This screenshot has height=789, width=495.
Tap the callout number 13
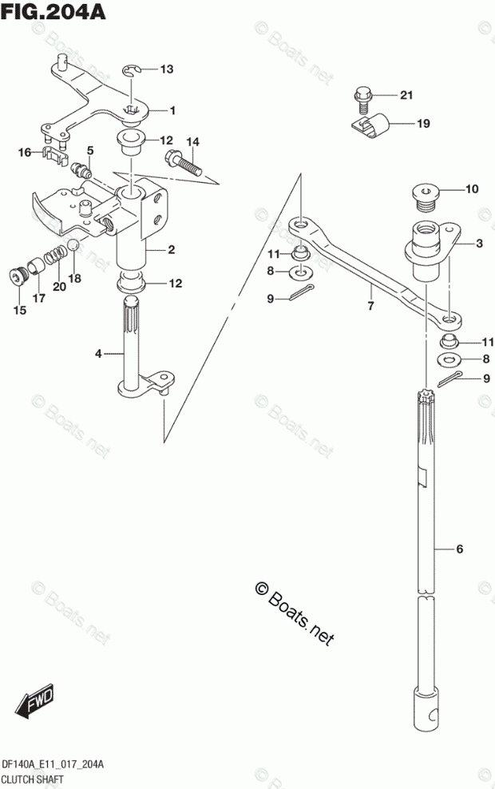point(165,69)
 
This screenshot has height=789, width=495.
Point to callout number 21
point(406,96)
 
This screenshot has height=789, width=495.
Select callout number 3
point(479,244)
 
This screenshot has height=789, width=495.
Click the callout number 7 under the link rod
point(370,305)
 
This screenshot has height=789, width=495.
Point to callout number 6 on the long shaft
point(459,549)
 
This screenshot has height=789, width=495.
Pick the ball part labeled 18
point(71,246)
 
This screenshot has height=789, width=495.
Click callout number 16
point(24,152)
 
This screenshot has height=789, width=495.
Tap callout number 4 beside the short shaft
point(98,353)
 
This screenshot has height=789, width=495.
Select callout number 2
point(171,250)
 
